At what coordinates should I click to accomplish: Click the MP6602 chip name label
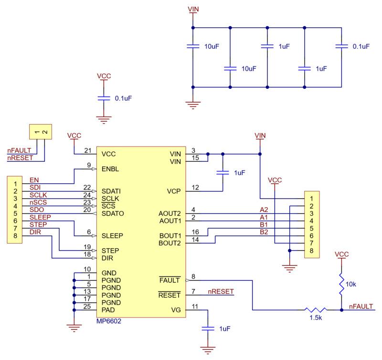109,321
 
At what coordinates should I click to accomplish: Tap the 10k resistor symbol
341,284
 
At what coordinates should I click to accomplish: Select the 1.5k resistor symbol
316,310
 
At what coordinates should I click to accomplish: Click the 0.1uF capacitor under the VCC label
104,98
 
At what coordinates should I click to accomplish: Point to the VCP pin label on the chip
174,191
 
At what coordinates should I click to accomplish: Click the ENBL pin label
110,169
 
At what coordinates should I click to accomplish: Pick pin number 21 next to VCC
88,150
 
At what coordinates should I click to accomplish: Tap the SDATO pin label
113,213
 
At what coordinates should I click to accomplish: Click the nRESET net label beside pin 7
221,291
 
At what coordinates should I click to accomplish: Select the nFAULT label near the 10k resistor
361,307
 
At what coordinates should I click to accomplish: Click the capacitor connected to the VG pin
208,328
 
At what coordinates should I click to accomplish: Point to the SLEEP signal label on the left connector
40,217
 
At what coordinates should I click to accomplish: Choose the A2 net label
264,210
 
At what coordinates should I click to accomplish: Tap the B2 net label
264,232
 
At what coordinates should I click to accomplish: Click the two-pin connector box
41,132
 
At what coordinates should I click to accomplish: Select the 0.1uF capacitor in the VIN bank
341,46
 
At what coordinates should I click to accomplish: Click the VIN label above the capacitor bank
193,9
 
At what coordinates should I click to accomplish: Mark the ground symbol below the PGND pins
74,328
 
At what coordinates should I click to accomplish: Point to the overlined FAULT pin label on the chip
170,280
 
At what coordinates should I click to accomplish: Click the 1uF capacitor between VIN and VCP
223,172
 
